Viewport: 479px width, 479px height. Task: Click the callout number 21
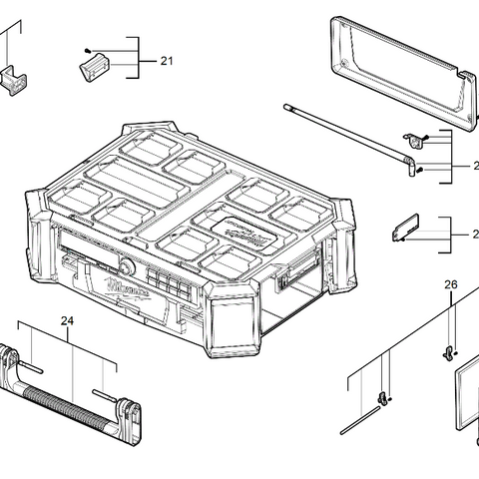(x=166, y=62)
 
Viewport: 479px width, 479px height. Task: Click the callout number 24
(x=68, y=321)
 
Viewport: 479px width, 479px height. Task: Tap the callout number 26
(x=450, y=285)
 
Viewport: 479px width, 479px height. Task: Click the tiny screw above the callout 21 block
(x=89, y=49)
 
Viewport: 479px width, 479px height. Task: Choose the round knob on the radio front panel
(x=127, y=267)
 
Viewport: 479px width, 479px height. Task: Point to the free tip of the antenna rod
(x=286, y=104)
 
